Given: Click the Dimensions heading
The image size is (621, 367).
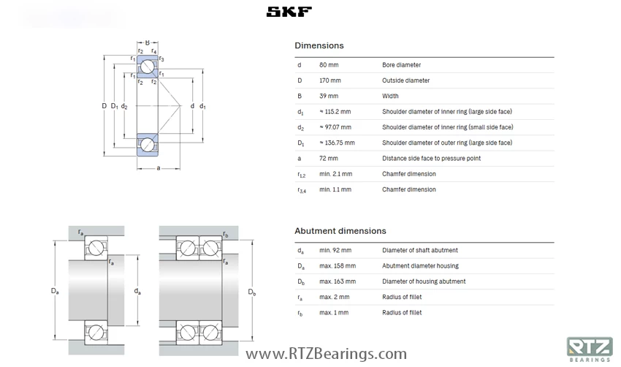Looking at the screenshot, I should click(x=319, y=46).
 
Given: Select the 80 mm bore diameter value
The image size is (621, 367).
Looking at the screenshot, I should click(x=328, y=65).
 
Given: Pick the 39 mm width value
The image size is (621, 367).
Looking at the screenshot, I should click(x=328, y=96).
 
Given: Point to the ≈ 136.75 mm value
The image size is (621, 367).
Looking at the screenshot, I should click(x=337, y=143).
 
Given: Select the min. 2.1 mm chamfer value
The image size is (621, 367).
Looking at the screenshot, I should click(x=335, y=174).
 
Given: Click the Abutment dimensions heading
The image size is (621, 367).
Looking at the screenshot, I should click(x=340, y=231).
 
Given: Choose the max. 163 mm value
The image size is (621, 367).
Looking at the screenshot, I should click(x=337, y=281).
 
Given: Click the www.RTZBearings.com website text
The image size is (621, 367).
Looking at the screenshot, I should click(x=326, y=355).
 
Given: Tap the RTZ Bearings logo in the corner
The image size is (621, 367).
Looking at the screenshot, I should click(x=589, y=349).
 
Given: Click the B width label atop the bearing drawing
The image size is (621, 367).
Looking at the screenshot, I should click(x=147, y=43).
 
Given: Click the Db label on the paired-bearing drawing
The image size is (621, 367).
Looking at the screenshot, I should click(x=252, y=292).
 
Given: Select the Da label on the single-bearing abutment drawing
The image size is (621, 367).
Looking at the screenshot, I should click(x=55, y=291).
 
